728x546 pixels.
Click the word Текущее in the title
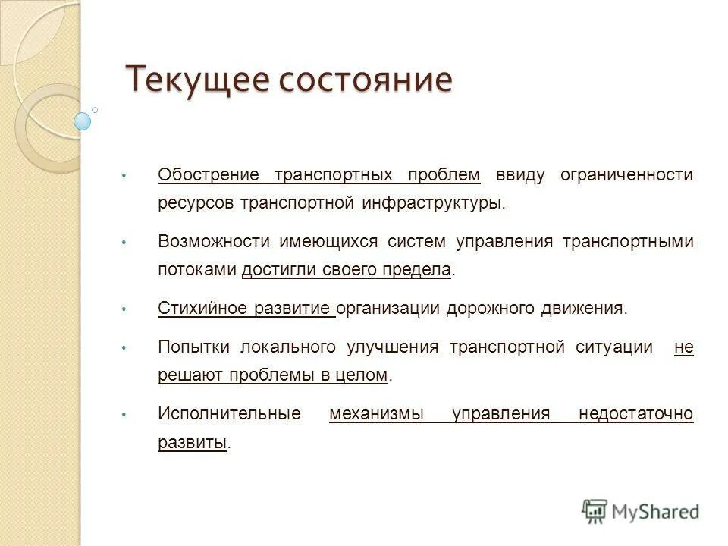coord(194,79)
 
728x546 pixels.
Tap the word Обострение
coord(209,175)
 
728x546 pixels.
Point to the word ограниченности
coord(626,175)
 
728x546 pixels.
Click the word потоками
coord(196,270)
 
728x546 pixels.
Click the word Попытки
coord(194,347)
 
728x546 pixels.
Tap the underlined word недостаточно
coord(635,414)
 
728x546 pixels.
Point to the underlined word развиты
coord(193,442)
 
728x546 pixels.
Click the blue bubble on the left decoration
coord(83,121)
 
